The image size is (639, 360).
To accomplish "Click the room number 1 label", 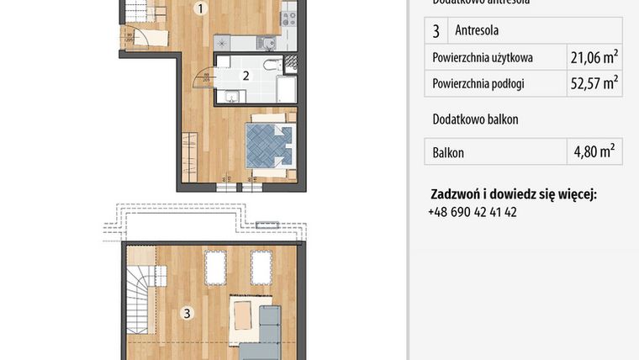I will pos(200,10).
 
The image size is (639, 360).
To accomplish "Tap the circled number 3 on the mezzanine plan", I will pos(187,314).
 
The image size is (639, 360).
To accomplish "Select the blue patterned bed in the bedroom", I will pos(268,144).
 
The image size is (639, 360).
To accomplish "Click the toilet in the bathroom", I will pos(272,65).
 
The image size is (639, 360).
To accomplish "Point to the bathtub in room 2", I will pos(285,88).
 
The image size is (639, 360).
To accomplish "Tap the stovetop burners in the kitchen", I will pos(288,15).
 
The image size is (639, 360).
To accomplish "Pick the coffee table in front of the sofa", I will pos(244,316).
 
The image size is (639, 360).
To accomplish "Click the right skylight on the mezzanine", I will pos(261,268).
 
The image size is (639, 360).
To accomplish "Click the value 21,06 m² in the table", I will pos(593,57).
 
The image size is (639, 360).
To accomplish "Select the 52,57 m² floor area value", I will pos(593,82).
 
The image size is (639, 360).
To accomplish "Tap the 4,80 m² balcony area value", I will pos(593,152).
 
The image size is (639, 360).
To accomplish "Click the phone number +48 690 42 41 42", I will pos(473,212).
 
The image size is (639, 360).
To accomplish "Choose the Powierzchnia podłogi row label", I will pos(478,83).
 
